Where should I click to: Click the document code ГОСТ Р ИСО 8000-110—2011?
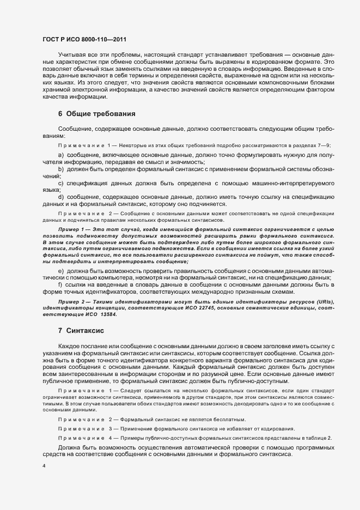point(77,40)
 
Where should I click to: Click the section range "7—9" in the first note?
point(324,145)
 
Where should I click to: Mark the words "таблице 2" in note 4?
point(318,439)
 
